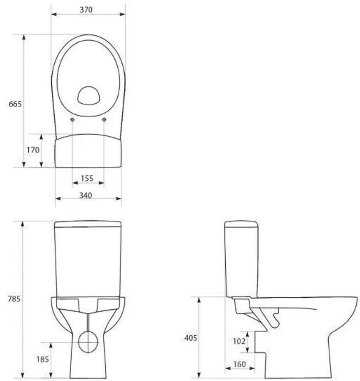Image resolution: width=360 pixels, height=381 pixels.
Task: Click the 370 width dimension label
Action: (86, 10)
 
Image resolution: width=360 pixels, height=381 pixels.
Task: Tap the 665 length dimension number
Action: (15, 104)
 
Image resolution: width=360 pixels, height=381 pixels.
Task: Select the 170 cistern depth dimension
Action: (33, 150)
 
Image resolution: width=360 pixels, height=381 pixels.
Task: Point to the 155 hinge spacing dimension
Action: (87, 178)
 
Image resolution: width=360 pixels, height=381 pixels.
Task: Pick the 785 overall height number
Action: (14, 299)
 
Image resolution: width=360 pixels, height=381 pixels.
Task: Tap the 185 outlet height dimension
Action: (42, 359)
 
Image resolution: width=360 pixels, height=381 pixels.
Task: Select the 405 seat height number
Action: (191, 338)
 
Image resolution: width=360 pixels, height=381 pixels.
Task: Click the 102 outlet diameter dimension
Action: (238, 342)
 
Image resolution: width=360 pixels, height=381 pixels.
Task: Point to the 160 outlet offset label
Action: (239, 364)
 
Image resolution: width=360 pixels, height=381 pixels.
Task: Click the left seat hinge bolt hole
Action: (72, 120)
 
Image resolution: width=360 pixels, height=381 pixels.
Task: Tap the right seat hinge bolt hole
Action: (104, 120)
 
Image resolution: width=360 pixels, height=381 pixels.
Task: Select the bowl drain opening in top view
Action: (89, 95)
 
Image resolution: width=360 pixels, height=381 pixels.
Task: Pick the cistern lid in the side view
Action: (241, 224)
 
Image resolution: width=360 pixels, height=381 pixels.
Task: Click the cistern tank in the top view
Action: (88, 152)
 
